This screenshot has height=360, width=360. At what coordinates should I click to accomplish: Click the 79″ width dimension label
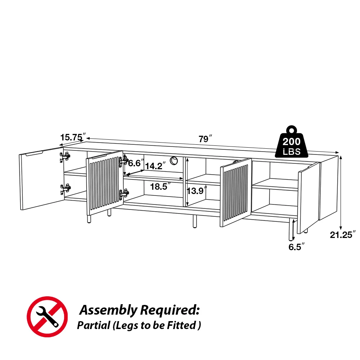coord(206,139)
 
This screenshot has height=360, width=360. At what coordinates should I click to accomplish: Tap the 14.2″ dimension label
coord(156,166)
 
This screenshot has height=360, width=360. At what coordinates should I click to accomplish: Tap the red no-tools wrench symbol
coord(48,316)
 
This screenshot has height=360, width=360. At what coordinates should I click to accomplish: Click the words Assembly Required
coord(139,310)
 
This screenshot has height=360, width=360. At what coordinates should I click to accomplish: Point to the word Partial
coord(93,325)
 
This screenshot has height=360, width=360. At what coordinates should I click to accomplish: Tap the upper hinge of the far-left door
coord(65,156)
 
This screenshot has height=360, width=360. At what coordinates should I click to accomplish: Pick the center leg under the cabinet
coord(194,221)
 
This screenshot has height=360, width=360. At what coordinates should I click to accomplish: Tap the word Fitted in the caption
coord(184,325)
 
